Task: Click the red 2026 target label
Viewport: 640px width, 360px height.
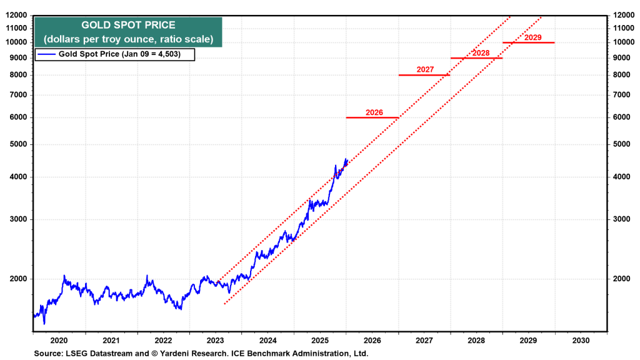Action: pos(374,112)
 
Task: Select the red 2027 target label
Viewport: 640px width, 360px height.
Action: pos(424,69)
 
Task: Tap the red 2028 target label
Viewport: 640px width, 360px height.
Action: pos(481,53)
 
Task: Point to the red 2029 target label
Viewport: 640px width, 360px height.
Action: pos(533,37)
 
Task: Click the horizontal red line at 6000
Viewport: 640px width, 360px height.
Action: pos(372,117)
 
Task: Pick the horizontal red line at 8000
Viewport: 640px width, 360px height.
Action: pos(424,75)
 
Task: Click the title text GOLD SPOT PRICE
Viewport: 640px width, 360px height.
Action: pos(128,26)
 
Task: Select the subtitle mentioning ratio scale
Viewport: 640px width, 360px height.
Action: pos(128,39)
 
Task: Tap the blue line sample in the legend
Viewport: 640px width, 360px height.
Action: pos(47,55)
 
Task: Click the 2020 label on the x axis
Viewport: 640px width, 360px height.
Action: pos(58,341)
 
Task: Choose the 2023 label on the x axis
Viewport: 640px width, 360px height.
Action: pos(215,341)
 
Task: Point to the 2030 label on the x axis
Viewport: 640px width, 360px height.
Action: pos(581,341)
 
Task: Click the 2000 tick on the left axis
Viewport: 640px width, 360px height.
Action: pos(17,279)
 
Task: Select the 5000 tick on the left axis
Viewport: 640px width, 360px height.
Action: pos(17,144)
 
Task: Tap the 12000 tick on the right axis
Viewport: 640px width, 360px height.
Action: pos(626,15)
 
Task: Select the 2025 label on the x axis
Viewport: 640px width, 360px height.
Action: pos(319,341)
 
